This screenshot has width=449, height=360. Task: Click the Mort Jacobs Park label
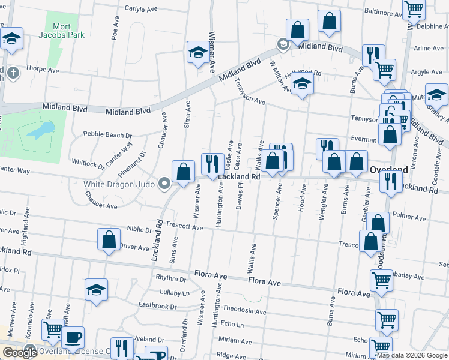pos(62,31)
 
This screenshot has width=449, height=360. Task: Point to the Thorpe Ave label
pos(42,70)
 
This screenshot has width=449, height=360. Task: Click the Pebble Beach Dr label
pos(107,134)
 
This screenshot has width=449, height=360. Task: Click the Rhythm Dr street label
pos(171,278)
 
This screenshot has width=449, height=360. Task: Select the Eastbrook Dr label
pos(158,306)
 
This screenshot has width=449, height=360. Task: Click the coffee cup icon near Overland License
pos(73,337)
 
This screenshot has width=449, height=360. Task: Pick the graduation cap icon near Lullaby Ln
pos(96,289)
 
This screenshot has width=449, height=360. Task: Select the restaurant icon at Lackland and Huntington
pos(212,164)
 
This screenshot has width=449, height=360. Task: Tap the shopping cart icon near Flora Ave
pos(382,280)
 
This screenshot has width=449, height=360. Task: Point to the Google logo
pos(20,353)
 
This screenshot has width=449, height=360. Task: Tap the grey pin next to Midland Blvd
pos(283,45)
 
